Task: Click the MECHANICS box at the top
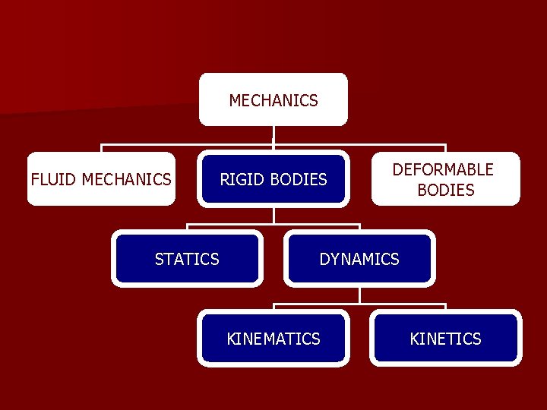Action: click(273, 99)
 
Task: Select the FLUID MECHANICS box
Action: click(101, 179)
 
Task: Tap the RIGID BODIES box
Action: click(273, 179)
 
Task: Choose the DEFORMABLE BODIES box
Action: click(445, 179)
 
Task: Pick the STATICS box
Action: click(187, 259)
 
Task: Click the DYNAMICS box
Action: click(359, 259)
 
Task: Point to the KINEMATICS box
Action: click(273, 339)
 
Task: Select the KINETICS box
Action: click(445, 339)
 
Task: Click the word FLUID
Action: click(54, 179)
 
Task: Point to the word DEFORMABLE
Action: click(443, 169)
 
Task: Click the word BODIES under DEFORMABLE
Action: click(446, 190)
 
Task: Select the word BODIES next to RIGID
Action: click(298, 179)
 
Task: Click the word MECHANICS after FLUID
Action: click(126, 179)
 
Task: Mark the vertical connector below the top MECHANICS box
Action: click(273, 134)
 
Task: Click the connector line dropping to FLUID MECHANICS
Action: click(101, 148)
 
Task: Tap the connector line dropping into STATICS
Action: click(187, 228)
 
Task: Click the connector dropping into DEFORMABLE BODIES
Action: click(445, 148)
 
